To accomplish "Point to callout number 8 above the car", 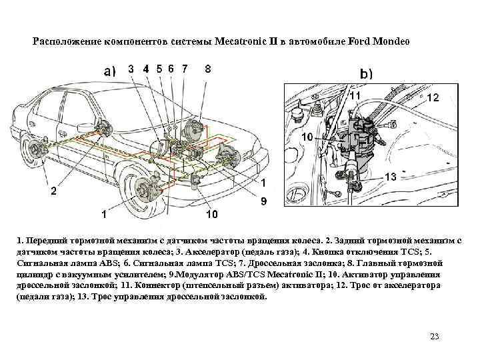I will pyautogui.click(x=208, y=68).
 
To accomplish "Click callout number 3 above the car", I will pyautogui.click(x=131, y=68).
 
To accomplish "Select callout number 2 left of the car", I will pyautogui.click(x=53, y=191).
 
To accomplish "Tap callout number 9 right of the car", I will pyautogui.click(x=264, y=201).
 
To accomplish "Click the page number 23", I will pyautogui.click(x=435, y=335).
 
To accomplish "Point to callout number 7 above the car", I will pyautogui.click(x=184, y=68).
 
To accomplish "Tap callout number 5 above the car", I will pyautogui.click(x=159, y=68).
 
